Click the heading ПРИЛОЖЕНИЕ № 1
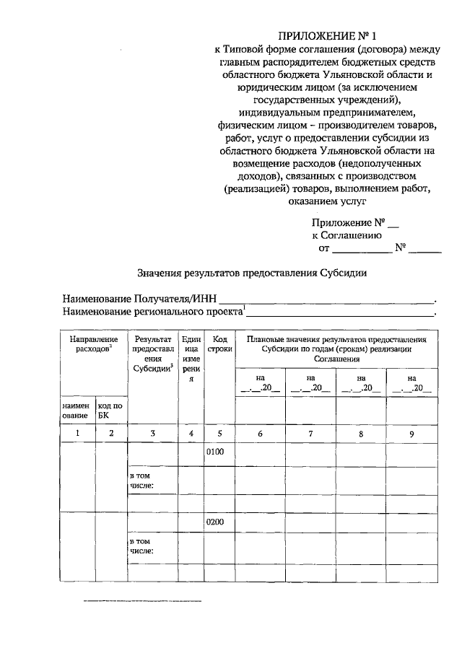point(338,35)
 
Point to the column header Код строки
point(219,344)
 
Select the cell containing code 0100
point(217,452)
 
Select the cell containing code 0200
point(217,521)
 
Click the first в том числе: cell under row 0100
point(142,482)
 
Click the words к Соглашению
point(346,235)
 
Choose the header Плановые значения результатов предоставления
point(336,338)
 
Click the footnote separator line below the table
point(142,600)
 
